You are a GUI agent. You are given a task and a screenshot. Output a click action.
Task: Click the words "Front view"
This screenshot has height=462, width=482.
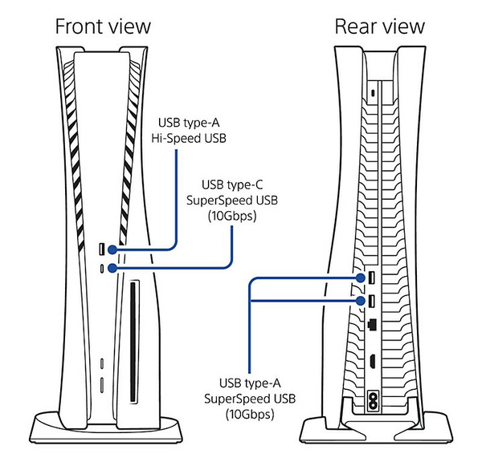coord(102,26)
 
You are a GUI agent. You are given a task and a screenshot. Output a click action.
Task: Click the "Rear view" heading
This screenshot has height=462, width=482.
coord(379,26)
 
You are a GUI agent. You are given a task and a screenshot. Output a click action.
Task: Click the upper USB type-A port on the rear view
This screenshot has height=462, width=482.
coord(374,278)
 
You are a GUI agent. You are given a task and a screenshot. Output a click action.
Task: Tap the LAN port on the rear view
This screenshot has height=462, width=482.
coord(374,326)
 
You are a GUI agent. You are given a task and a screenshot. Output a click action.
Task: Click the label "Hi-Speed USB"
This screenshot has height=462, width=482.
coord(190,138)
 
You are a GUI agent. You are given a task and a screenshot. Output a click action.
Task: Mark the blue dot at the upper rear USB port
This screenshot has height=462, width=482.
coord(361,278)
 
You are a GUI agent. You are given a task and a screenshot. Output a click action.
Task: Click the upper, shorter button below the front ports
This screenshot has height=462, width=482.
coord(102,363)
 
